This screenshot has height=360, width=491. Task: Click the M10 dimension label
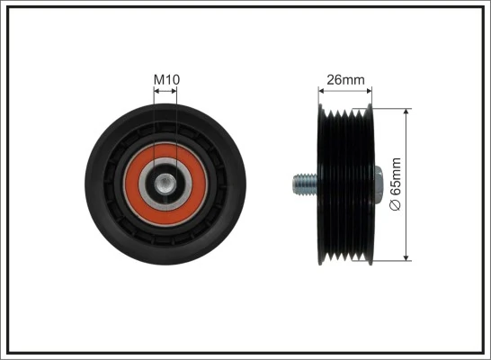coord(166,79)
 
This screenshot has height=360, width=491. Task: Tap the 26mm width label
coord(346,79)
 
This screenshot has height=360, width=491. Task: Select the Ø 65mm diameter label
coord(396,185)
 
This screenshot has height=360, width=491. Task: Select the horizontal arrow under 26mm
coord(346,90)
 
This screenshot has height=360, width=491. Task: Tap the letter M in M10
coord(158,79)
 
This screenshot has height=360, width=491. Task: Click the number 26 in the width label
coord(335,79)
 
